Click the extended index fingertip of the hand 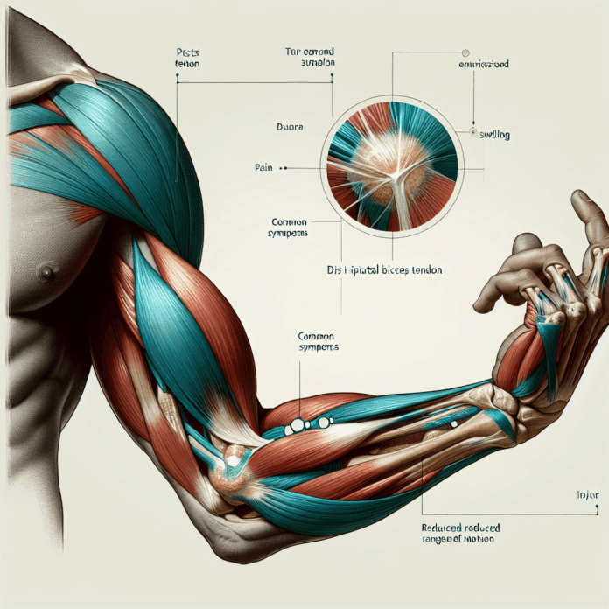[x=578, y=199]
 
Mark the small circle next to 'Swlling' [x=473, y=133]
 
